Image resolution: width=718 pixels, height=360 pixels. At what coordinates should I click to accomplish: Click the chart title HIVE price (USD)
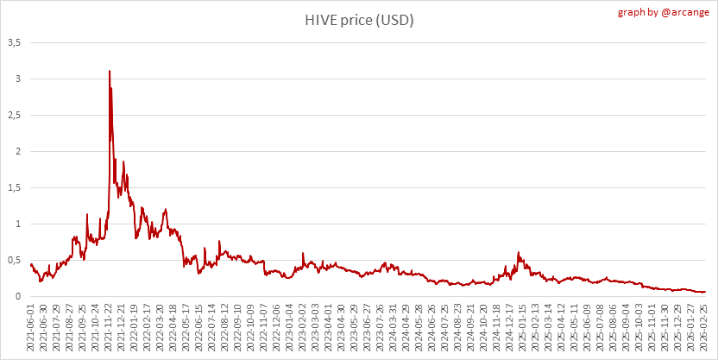360,21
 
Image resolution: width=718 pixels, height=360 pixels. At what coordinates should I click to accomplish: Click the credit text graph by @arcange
664,12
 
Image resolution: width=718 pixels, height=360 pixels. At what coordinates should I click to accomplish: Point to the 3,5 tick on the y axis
16,42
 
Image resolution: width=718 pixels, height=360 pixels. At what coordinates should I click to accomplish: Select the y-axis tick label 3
19,79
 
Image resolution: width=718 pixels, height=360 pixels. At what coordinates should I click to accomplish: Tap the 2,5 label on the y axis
16,116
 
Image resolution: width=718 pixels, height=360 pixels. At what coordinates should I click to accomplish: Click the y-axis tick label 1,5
16,188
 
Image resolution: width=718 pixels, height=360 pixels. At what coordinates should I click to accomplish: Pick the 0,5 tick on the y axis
16,261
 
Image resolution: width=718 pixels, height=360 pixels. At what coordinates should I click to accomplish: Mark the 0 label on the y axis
19,297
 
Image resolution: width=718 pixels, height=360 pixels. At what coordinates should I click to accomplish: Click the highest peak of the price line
110,71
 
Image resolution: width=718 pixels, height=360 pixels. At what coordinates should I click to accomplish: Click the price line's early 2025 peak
519,252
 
